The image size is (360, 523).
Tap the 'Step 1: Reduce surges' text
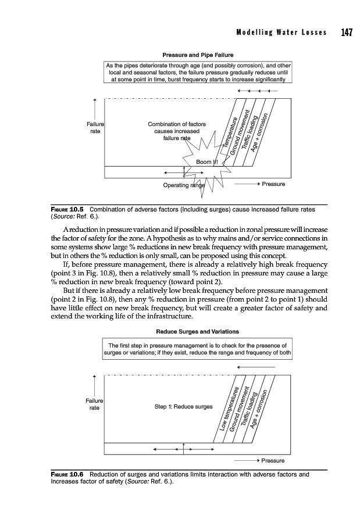(184, 406)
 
